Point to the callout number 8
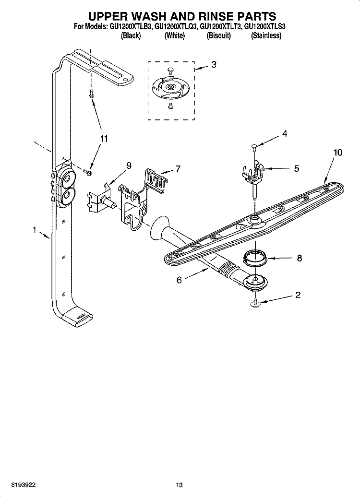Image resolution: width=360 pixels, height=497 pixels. pos(299,258)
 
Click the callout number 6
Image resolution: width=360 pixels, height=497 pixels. pos(179,280)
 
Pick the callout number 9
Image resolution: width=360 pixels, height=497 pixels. pos(128,166)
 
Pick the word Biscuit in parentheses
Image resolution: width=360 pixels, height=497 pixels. pos(219,36)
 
